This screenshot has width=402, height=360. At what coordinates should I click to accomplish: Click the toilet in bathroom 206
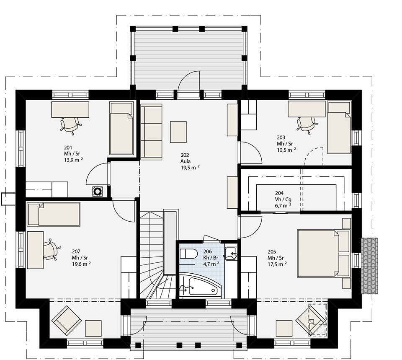(x=188, y=254)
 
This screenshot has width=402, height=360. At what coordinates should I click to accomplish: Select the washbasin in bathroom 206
(x=231, y=254)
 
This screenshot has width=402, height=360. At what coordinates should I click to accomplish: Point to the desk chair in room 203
(x=306, y=125)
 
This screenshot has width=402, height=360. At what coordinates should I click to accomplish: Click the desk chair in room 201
(x=70, y=125)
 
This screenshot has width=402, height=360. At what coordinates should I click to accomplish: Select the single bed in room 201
(x=121, y=128)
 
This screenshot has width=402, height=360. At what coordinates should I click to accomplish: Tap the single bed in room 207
(x=54, y=214)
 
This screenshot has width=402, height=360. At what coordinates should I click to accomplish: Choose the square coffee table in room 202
(x=178, y=132)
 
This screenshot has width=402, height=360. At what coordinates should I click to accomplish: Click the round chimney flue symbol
(x=98, y=191)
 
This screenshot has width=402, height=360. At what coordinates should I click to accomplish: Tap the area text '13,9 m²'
(x=73, y=160)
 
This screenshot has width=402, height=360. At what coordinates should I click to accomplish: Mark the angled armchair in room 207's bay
(x=67, y=321)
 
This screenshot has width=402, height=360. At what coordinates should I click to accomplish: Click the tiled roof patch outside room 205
(x=369, y=266)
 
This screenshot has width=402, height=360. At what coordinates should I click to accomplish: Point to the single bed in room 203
(x=339, y=127)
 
